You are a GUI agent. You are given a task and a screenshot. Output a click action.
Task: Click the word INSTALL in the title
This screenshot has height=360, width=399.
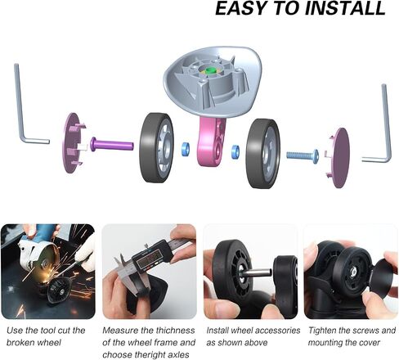(x=345, y=8)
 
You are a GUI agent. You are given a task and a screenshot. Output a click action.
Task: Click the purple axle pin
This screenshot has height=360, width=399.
(x=112, y=144)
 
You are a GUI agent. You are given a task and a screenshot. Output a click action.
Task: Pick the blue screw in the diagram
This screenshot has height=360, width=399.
(x=303, y=155)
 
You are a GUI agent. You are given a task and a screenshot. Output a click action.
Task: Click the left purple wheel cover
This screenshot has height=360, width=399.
(x=73, y=143)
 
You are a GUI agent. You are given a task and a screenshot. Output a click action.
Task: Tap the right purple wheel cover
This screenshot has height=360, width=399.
(x=338, y=157)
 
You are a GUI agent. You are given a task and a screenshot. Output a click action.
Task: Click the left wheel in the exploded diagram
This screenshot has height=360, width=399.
(x=156, y=147)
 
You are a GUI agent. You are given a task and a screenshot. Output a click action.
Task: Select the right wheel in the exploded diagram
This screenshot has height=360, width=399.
(x=262, y=154)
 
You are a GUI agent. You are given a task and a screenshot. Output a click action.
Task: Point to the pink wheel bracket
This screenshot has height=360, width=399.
(x=211, y=142)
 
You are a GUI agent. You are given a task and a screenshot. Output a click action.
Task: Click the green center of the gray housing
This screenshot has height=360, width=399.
(x=210, y=70)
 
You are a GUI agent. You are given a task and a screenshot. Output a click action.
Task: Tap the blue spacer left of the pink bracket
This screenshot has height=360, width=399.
(x=186, y=149)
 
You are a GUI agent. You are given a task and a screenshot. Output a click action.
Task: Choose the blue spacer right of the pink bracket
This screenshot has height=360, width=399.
(x=235, y=152)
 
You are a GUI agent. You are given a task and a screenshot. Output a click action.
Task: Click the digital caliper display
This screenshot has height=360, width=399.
(x=150, y=260)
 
